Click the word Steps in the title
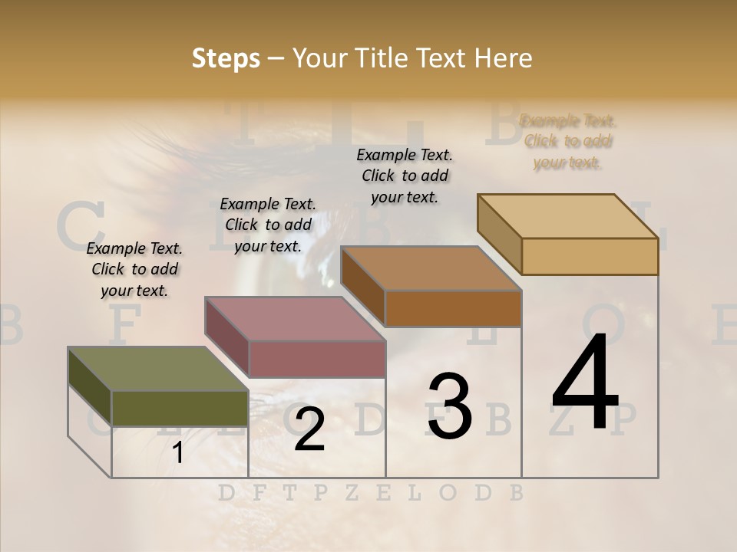[x=226, y=58]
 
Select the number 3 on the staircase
[x=449, y=406]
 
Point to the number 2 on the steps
[x=309, y=429]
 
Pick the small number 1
[x=177, y=453]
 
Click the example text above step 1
[x=134, y=269]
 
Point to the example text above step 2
[x=268, y=225]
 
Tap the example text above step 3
[x=405, y=176]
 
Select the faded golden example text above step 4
[x=567, y=141]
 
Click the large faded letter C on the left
[x=80, y=223]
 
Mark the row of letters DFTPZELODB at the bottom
[x=371, y=493]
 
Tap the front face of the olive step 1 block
[x=180, y=409]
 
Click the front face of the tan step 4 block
[x=590, y=256]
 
